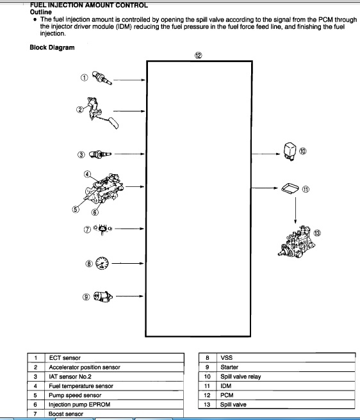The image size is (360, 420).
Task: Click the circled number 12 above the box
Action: [x=198, y=56]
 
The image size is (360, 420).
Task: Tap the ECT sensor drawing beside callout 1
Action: [x=102, y=78]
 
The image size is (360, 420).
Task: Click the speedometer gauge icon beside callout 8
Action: [x=102, y=263]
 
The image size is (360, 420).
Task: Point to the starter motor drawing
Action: [x=103, y=297]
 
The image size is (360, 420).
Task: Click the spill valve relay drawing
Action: [x=290, y=152]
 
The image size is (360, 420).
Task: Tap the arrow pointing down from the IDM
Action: [x=295, y=211]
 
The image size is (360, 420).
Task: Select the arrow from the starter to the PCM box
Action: [x=129, y=296]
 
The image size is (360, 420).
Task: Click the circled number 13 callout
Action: [x=317, y=233]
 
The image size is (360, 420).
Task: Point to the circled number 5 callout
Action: [x=76, y=209]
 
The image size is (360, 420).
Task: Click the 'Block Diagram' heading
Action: [x=52, y=47]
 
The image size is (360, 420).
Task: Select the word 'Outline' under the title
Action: [x=41, y=12]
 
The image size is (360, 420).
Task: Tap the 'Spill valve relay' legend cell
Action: [x=240, y=376]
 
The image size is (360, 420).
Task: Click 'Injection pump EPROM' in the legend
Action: [x=79, y=405]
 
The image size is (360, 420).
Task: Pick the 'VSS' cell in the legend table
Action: [x=227, y=358]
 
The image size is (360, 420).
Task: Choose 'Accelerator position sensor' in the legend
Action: [x=85, y=367]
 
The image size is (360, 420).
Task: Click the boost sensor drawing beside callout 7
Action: [x=102, y=229]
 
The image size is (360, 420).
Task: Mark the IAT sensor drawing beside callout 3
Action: [x=100, y=154]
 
